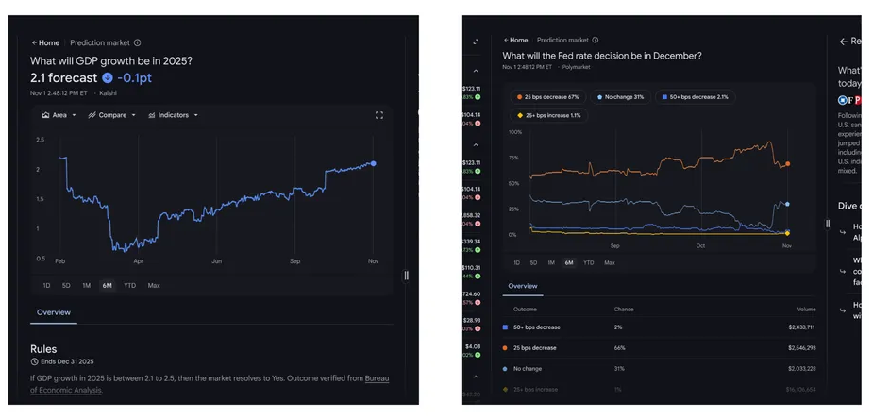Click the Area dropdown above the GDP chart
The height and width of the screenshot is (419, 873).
(59, 115)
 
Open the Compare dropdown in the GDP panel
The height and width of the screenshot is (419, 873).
(111, 115)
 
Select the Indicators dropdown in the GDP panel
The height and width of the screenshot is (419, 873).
(173, 115)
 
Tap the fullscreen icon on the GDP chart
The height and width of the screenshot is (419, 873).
(379, 115)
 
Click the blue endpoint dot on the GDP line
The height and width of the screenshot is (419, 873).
(374, 163)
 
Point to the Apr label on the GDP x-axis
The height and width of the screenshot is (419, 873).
(138, 260)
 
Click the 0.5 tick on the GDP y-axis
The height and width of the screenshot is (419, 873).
(41, 258)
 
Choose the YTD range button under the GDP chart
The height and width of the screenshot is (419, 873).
(129, 285)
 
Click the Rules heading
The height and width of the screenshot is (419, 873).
(43, 349)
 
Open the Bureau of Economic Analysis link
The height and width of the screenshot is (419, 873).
(377, 378)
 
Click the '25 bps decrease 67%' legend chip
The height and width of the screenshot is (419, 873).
(547, 97)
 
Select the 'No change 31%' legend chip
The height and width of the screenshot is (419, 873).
(620, 97)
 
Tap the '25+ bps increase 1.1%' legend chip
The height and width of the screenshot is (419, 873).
(548, 116)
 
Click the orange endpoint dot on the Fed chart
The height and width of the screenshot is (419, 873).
(788, 164)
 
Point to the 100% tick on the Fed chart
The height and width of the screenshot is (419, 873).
(514, 132)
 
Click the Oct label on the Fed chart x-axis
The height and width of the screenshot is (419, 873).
(700, 245)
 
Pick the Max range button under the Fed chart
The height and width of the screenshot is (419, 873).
(610, 263)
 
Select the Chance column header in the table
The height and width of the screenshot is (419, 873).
(624, 310)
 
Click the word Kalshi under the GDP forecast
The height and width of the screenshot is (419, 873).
(108, 93)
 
